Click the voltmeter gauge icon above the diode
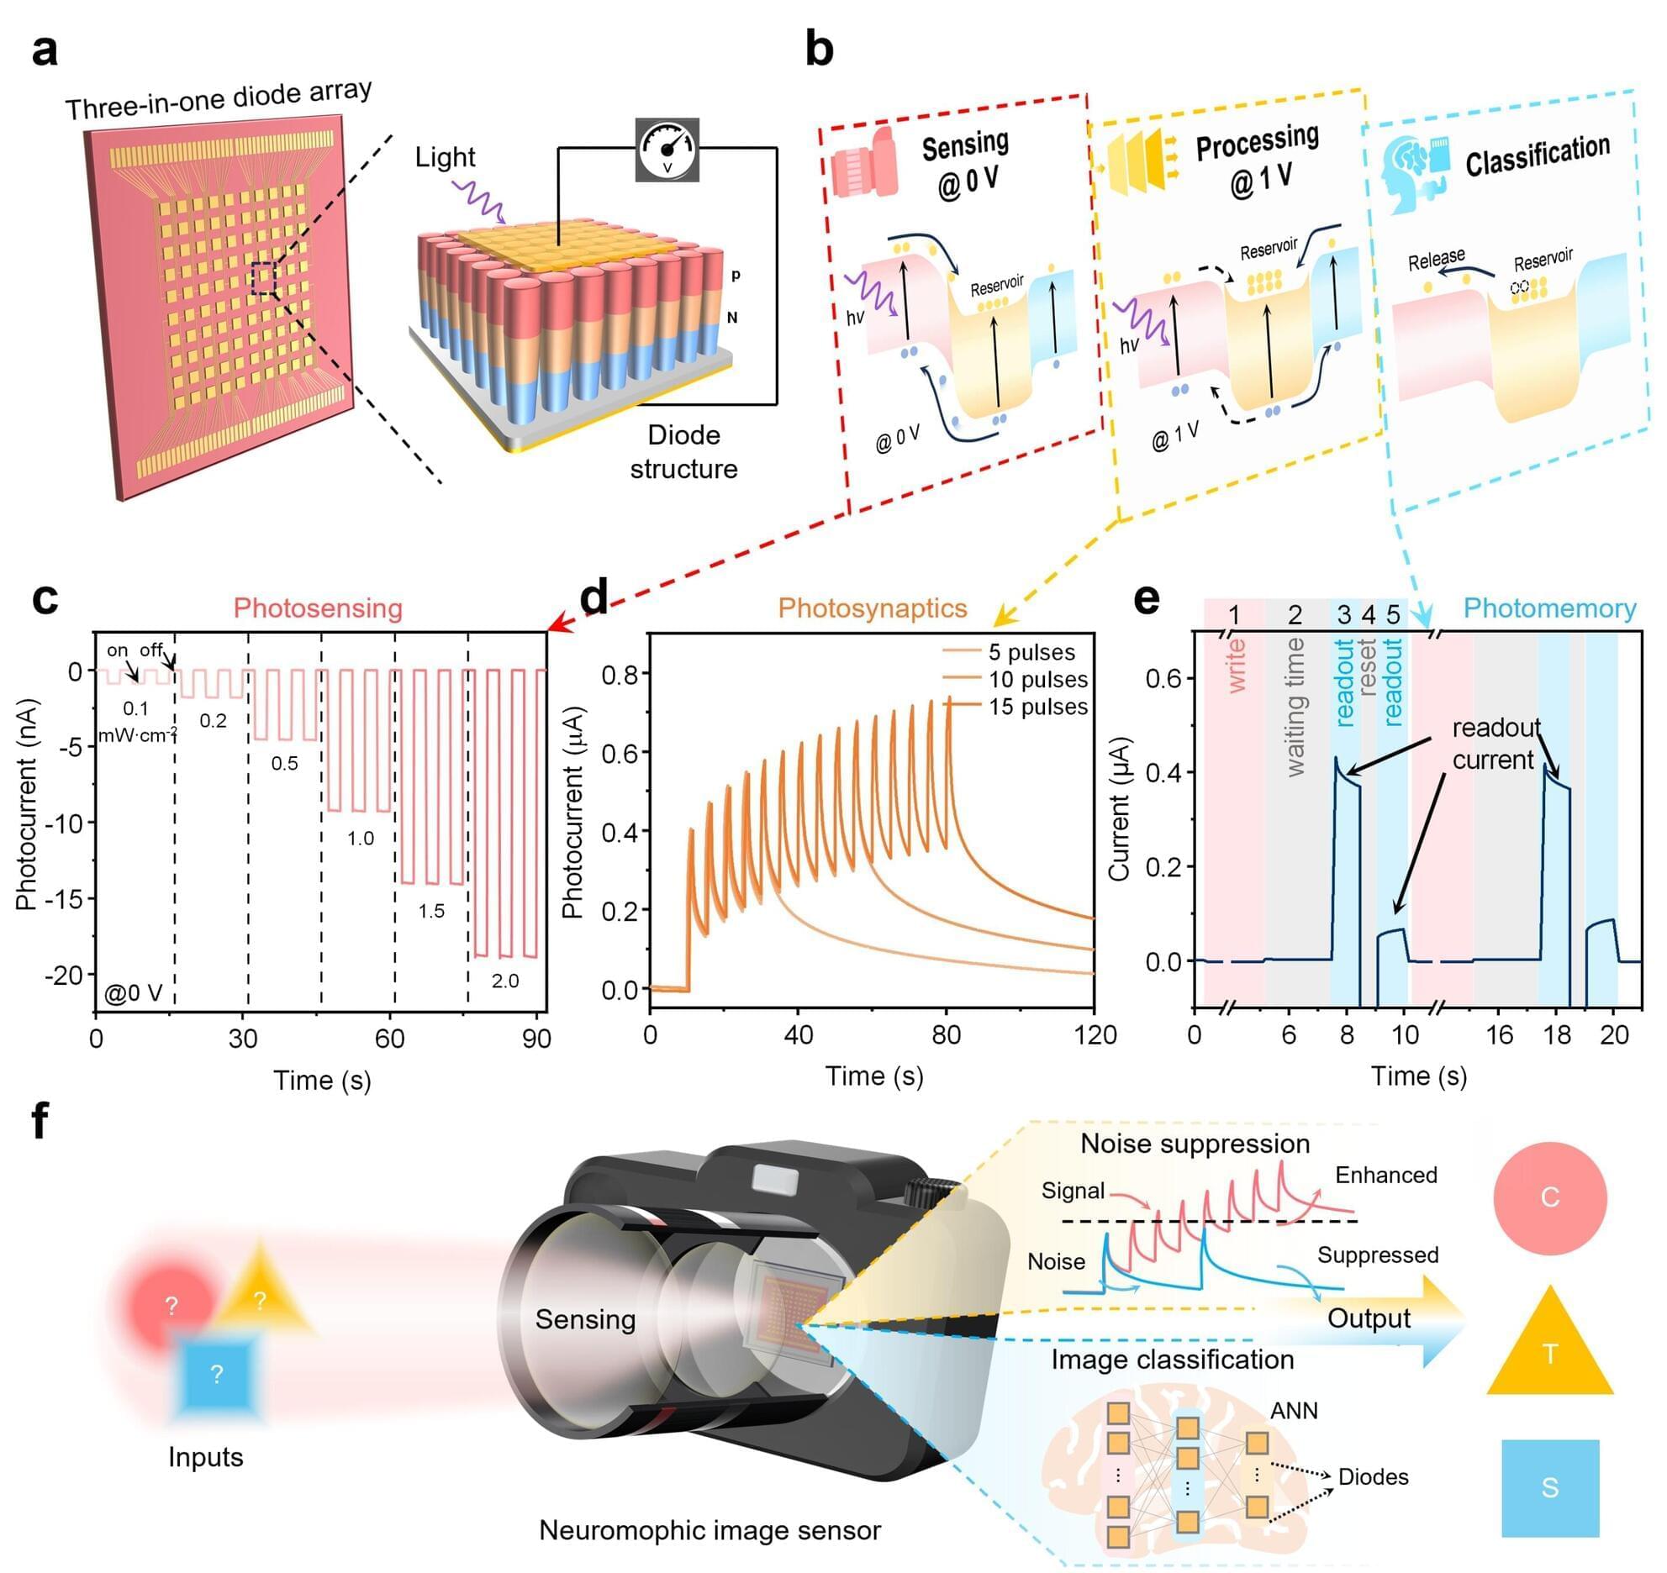point(667,150)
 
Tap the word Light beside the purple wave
point(445,157)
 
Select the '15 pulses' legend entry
point(1037,707)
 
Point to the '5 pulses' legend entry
point(1031,652)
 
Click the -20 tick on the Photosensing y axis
point(67,975)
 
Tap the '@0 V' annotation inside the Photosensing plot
point(133,993)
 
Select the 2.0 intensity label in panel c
point(504,981)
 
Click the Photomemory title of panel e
point(1549,608)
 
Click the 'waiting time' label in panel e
point(1295,706)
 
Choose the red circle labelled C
point(1549,1197)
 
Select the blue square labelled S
point(1549,1487)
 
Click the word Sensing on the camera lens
point(585,1319)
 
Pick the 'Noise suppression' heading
point(1195,1144)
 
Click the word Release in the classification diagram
point(1436,259)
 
